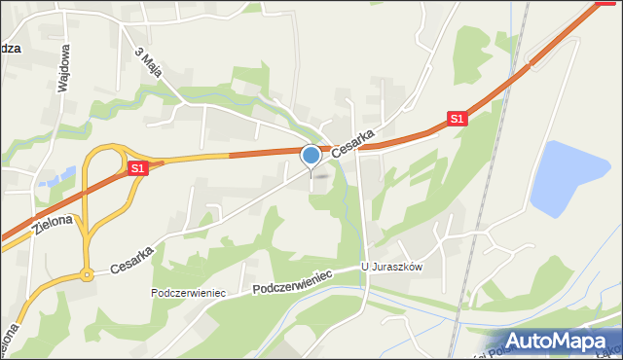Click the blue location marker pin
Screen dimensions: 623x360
pyautogui.click(x=311, y=156)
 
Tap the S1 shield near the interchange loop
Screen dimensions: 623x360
pyautogui.click(x=137, y=168)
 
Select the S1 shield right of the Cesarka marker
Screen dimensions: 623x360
pyautogui.click(x=458, y=119)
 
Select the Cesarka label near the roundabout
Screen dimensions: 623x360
pyautogui.click(x=131, y=259)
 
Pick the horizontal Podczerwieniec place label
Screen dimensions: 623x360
pyautogui.click(x=189, y=293)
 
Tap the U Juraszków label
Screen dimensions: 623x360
pyautogui.click(x=391, y=268)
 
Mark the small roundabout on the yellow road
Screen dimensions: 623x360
pyautogui.click(x=87, y=274)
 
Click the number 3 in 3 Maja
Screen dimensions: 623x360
pyautogui.click(x=139, y=51)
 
